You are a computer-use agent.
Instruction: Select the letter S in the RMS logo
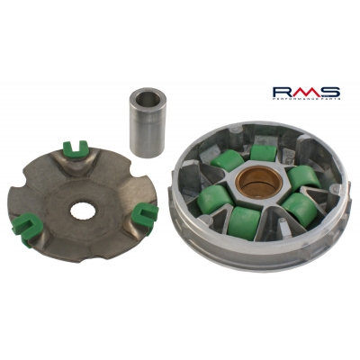click(331, 91)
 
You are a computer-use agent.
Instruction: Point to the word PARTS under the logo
click(328, 101)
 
